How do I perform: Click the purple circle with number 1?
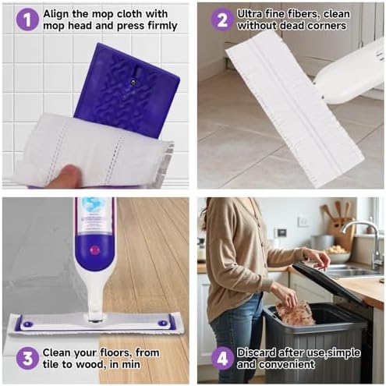click(x=27, y=19)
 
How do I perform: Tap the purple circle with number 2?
click(x=222, y=19)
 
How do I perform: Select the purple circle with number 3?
click(x=27, y=358)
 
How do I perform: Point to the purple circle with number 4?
click(x=222, y=358)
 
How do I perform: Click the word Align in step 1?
click(x=56, y=14)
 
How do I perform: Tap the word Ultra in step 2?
click(x=250, y=14)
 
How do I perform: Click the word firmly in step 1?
click(x=163, y=26)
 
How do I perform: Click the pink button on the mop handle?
click(x=94, y=250)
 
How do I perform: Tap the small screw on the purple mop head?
click(x=133, y=82)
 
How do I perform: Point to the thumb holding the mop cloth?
click(x=65, y=175)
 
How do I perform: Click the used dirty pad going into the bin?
click(x=294, y=313)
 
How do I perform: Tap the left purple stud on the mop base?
click(x=27, y=324)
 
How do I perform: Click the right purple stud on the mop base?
click(x=162, y=323)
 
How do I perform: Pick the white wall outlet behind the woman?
click(x=303, y=221)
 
